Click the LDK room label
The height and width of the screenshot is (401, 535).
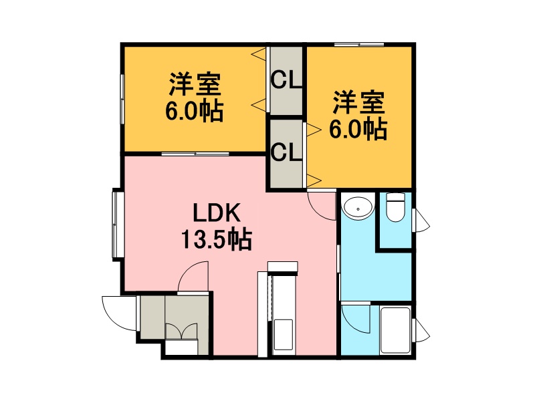pyautogui.click(x=217, y=213)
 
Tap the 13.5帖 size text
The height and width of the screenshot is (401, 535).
pyautogui.click(x=216, y=239)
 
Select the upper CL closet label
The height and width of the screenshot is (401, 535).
pyautogui.click(x=286, y=80)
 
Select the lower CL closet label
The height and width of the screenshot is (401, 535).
pyautogui.click(x=286, y=152)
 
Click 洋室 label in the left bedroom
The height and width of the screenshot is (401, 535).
pyautogui.click(x=195, y=84)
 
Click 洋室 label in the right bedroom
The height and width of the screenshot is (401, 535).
pyautogui.click(x=359, y=102)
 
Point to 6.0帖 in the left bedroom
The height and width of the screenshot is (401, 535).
pyautogui.click(x=195, y=110)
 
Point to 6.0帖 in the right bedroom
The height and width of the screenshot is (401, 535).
pyautogui.click(x=358, y=129)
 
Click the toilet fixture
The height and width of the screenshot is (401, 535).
pyautogui.click(x=395, y=207)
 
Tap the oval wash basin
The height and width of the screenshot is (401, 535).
pyautogui.click(x=358, y=209)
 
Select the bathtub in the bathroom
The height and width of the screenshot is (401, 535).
pyautogui.click(x=395, y=330)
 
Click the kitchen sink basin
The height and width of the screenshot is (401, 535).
pyautogui.click(x=283, y=335)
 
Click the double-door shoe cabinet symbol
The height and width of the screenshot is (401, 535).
pyautogui.click(x=181, y=330)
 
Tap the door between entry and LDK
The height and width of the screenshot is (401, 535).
pyautogui.click(x=193, y=277)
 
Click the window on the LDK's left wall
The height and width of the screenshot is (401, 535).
pyautogui.click(x=116, y=225)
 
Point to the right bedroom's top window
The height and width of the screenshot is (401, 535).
pyautogui.click(x=358, y=44)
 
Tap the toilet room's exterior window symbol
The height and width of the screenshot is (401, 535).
pyautogui.click(x=421, y=221)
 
